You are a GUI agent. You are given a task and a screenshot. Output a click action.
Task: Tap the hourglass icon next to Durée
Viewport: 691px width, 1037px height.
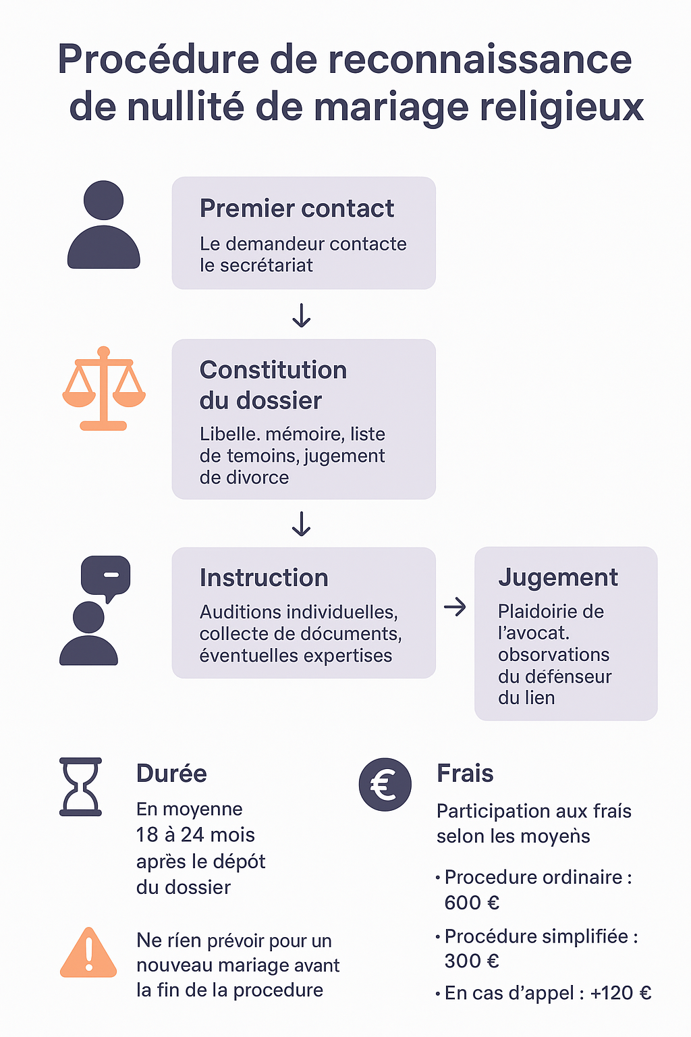click(x=81, y=787)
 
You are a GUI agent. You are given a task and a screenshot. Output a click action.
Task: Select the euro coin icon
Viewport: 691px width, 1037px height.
click(x=385, y=785)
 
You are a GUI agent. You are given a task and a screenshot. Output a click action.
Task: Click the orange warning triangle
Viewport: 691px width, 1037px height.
click(x=88, y=953)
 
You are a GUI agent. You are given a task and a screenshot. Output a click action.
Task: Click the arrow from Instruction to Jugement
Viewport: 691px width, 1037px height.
click(x=455, y=607)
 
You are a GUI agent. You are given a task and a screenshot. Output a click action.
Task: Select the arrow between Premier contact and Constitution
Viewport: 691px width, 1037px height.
click(x=301, y=315)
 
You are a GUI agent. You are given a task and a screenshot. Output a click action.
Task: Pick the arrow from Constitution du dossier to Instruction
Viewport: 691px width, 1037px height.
click(x=301, y=524)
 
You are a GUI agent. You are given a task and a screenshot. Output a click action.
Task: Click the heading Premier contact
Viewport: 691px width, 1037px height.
click(x=296, y=209)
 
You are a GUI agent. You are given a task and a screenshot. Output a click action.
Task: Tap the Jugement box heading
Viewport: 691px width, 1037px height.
click(x=557, y=578)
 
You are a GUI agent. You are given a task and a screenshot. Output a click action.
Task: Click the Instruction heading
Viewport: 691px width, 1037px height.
click(x=264, y=578)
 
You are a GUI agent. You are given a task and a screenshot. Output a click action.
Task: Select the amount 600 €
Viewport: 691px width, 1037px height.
click(x=472, y=903)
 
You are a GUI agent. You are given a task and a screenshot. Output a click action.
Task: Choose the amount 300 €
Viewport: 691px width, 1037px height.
click(x=472, y=961)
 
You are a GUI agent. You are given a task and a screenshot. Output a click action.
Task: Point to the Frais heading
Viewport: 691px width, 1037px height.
click(x=465, y=774)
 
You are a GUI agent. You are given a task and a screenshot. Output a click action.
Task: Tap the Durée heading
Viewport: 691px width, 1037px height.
click(x=171, y=774)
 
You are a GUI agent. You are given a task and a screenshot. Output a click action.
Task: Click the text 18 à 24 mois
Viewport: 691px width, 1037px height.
click(x=196, y=835)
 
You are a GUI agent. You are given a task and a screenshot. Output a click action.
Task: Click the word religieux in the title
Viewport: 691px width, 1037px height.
click(x=561, y=107)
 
